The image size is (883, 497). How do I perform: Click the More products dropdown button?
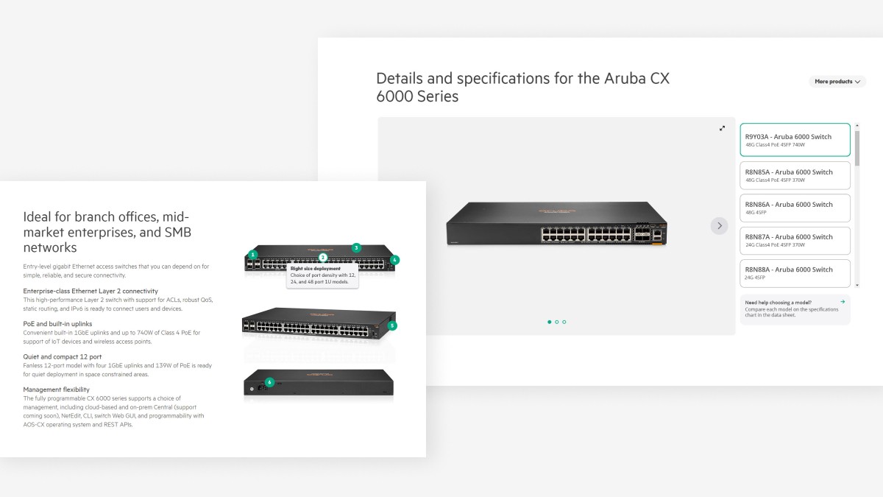pos(837,82)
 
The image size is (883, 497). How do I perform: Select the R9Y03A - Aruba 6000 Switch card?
pos(795,140)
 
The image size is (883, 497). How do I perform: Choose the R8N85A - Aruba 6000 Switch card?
pos(795,175)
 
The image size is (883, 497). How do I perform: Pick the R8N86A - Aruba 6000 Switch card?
pos(795,208)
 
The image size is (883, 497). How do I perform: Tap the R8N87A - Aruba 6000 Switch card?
pos(795,240)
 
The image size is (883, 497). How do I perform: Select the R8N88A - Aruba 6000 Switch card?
pos(795,272)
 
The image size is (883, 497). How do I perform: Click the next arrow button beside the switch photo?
pos(719,226)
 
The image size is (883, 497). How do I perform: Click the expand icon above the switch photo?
pos(722,128)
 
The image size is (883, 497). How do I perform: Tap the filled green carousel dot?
pos(549,322)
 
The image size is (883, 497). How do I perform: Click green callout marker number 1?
pos(253,255)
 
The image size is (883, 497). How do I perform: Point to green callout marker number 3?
pos(356,248)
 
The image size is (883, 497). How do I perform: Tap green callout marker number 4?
pos(394,260)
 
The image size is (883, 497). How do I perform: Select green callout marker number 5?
pos(392,325)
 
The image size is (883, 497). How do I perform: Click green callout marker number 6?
pos(269,382)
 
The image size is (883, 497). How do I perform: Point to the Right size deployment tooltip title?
pos(316,269)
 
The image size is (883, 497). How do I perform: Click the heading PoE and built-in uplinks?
pos(57,324)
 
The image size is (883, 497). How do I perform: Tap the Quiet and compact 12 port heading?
pos(63,356)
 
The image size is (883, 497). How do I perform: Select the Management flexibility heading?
pos(56,390)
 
